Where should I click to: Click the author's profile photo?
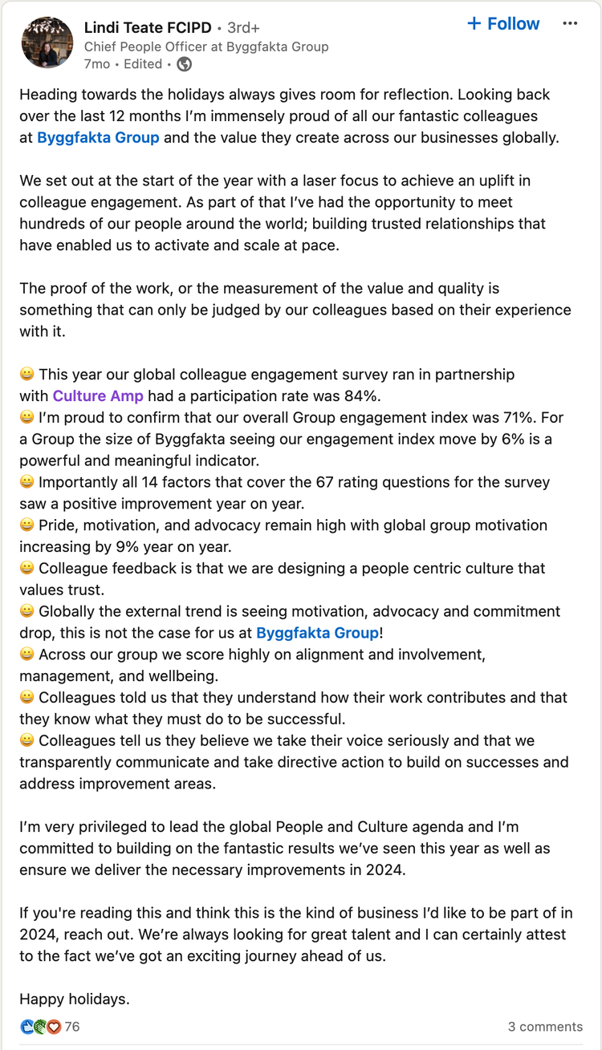[x=47, y=42]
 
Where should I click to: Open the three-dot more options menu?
[x=570, y=24]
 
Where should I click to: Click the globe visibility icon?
[x=184, y=64]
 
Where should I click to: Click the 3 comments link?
[x=545, y=1027]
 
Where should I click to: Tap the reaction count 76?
[x=72, y=1027]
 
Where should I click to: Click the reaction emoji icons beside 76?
[x=40, y=1027]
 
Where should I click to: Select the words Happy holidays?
[x=75, y=999]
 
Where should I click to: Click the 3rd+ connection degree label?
[x=243, y=27]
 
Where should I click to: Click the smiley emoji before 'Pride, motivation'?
[x=27, y=525]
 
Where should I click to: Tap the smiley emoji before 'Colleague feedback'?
[x=27, y=569]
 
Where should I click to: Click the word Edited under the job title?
[x=144, y=64]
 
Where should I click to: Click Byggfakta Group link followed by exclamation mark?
[x=317, y=633]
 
